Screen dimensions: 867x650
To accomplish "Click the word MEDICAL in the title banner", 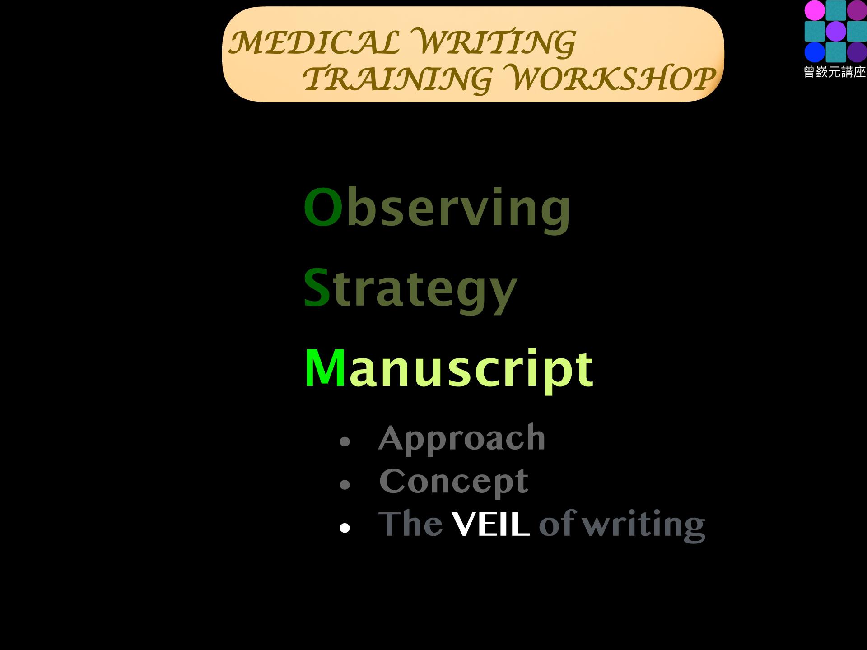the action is [313, 42].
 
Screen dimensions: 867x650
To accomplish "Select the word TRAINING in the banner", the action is [397, 79].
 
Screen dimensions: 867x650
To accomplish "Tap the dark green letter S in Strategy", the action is [317, 288].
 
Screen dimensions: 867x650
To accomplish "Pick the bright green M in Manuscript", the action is [325, 368].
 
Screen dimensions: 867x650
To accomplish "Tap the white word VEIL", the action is [490, 525].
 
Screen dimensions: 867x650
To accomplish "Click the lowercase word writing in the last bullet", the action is [643, 525].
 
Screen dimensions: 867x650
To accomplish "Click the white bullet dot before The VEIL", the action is [345, 528].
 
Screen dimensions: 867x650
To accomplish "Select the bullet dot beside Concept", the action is [345, 485].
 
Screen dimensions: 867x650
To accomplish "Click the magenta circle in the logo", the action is [815, 10].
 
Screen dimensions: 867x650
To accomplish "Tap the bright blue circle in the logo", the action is [815, 52].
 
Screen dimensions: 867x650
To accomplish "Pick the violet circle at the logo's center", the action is [836, 31].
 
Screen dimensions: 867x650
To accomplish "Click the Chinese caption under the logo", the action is [835, 72].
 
